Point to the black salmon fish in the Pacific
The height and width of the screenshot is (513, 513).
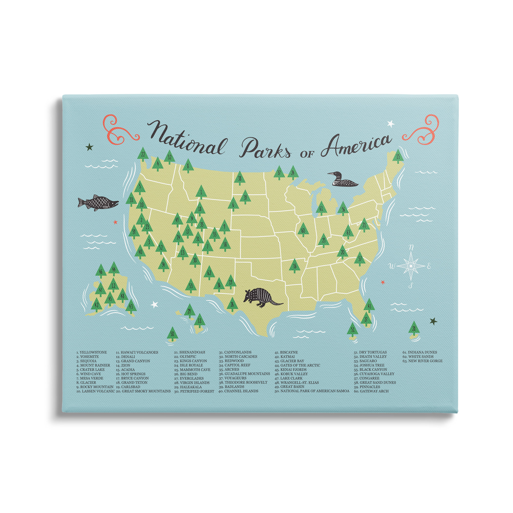click(x=98, y=203)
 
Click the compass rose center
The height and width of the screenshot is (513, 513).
click(x=410, y=266)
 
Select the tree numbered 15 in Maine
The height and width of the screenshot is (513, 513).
click(x=398, y=157)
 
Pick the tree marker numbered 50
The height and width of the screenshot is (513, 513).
click(x=172, y=334)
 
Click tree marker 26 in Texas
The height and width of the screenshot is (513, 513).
click(x=232, y=304)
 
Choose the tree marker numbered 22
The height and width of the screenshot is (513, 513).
click(x=143, y=154)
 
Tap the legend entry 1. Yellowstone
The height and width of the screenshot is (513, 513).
click(x=92, y=352)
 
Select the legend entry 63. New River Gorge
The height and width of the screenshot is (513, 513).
click(x=422, y=361)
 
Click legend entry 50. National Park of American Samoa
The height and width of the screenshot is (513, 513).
click(x=312, y=391)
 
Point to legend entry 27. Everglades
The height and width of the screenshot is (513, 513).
click(x=189, y=378)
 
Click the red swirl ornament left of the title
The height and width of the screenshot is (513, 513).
click(x=120, y=130)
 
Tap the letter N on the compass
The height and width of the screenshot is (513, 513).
click(x=411, y=247)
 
